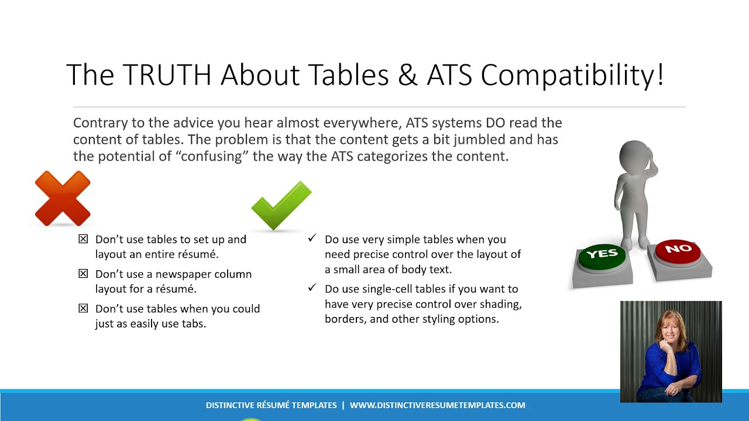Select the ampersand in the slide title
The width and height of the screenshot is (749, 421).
coord(408,75)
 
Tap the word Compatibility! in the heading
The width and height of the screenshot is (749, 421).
coord(572,75)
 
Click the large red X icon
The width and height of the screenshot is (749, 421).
coord(63,198)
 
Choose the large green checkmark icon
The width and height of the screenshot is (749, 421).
coord(281,205)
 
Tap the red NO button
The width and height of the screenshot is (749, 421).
coord(678,250)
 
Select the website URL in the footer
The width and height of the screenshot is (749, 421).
coord(437,405)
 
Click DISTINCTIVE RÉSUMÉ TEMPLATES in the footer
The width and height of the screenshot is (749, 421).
coord(271,405)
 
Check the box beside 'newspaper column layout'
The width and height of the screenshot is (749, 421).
coord(83,274)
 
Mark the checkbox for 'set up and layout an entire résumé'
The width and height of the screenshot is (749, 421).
coord(83,239)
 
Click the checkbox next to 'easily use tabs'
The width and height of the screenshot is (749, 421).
coord(83,309)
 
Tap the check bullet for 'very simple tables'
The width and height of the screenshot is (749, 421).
coord(312,239)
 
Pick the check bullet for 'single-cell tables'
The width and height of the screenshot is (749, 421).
coord(312,288)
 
